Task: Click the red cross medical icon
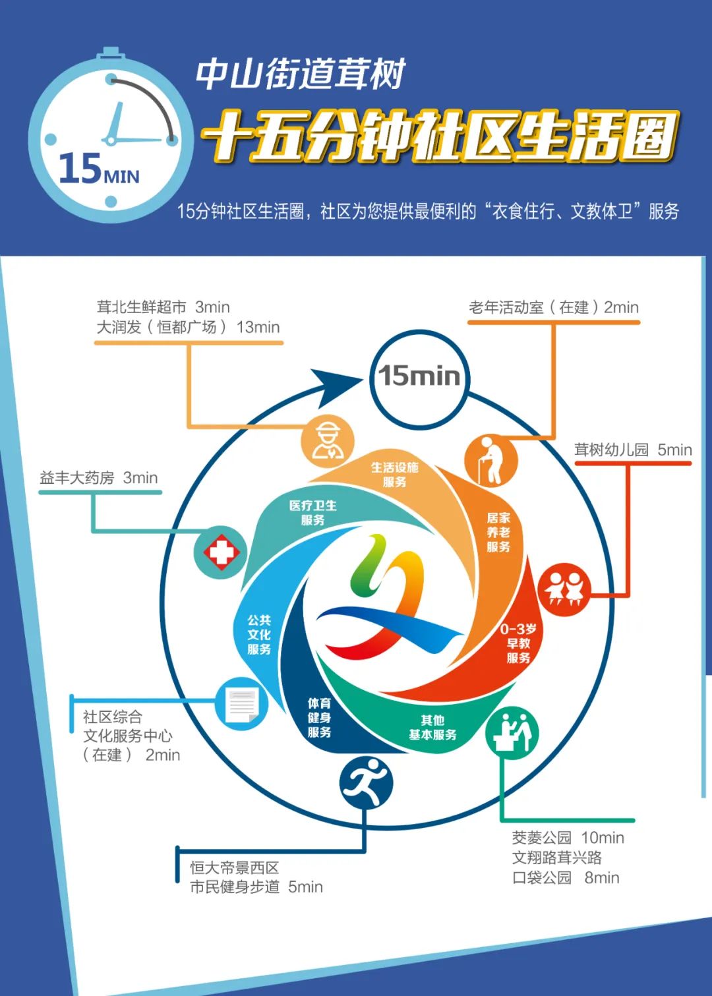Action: coord(221,552)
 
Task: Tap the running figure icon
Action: coord(367,783)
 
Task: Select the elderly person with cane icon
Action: coord(491,459)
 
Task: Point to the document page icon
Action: coord(242,705)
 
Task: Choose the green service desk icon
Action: coord(512,732)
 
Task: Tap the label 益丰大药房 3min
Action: coord(99,478)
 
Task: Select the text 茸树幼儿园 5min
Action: coord(633,450)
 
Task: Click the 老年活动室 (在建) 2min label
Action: coord(554,308)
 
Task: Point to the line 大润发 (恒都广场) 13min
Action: coord(189,328)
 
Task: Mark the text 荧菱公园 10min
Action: coord(568,838)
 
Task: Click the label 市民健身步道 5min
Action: coord(256,887)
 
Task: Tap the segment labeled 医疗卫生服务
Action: coord(313,513)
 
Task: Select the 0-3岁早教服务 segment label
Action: coord(518,643)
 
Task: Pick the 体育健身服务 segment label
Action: coord(320,718)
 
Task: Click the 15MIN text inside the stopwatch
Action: coord(99,169)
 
